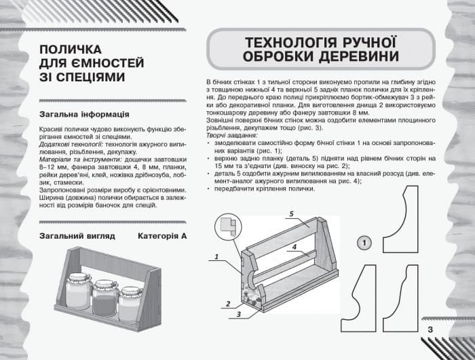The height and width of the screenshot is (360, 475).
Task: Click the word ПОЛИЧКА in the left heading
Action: tap(71, 50)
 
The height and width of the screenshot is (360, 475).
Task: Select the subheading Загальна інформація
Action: tap(85, 115)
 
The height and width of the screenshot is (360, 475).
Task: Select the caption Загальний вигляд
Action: tap(77, 236)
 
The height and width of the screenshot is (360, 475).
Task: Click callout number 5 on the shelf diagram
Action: tap(290, 214)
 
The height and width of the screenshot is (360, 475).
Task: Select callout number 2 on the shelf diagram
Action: tap(229, 303)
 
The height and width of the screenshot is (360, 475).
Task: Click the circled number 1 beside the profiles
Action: tap(364, 243)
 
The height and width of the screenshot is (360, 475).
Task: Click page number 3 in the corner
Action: tap(430, 329)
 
